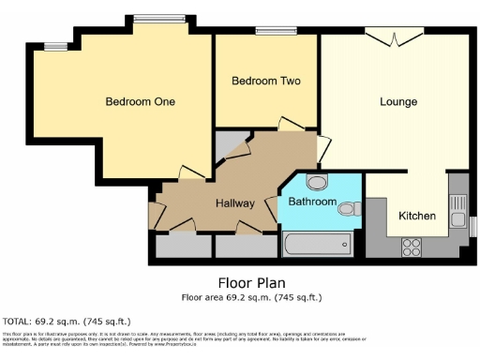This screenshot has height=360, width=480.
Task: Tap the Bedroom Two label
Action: [x=266, y=82]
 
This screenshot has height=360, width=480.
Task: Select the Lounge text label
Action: [x=398, y=100]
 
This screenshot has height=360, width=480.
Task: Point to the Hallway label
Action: [x=235, y=202]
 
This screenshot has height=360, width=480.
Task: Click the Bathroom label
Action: [x=311, y=202]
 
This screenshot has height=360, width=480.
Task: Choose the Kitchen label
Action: [x=417, y=216]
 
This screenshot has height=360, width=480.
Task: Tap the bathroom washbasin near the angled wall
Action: [x=316, y=183]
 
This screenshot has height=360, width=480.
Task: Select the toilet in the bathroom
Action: [x=351, y=207]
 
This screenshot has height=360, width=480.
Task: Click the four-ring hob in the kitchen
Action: [x=412, y=247]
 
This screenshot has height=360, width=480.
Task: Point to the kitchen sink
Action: [x=457, y=201]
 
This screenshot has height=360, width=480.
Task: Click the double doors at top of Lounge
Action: [x=392, y=37]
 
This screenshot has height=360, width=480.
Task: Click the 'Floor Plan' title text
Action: [x=251, y=282]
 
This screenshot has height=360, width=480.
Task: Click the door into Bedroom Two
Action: [x=290, y=125]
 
